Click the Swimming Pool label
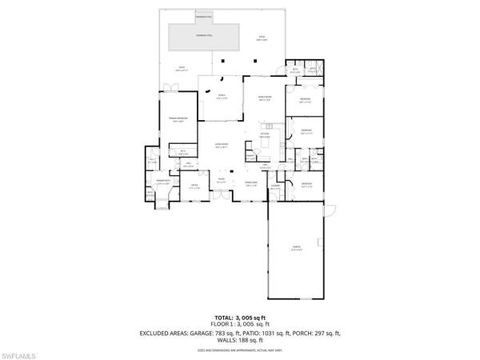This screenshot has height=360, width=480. [205, 36]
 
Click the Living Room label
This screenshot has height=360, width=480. [222, 146]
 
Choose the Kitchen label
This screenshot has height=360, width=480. [266, 135]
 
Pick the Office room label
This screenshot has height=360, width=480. [194, 186]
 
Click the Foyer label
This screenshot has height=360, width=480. [222, 182]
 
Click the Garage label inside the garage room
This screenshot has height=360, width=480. [295, 249]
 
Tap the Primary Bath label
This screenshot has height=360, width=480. [162, 184]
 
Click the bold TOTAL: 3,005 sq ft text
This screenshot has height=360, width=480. [240, 318]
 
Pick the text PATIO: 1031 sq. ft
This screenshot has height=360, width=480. [269, 333]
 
